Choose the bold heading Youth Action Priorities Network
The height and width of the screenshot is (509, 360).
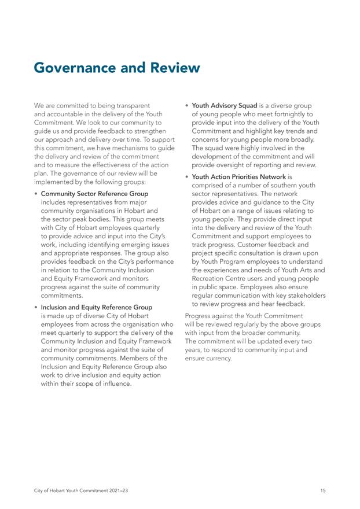238,176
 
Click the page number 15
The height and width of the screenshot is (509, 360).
322,491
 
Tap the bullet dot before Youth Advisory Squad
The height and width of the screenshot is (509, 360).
186,106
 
